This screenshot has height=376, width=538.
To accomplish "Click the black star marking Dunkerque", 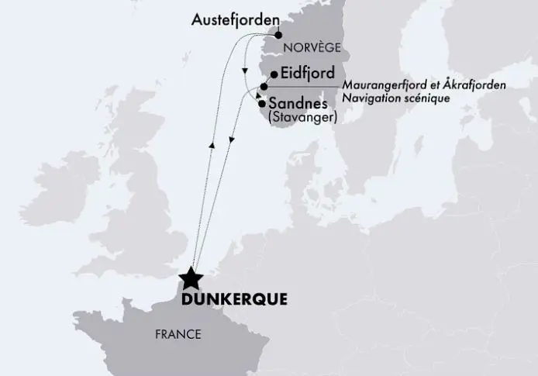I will point(190,278).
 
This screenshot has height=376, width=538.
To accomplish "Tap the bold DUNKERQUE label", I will point(233,298).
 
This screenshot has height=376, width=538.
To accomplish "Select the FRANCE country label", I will point(178,335).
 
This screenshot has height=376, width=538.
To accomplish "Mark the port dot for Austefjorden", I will point(278,35).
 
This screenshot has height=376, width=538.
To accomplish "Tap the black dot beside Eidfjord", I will point(273,75).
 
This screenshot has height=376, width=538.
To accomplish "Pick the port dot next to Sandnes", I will point(262,103).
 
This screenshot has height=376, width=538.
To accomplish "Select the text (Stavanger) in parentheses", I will point(302,118).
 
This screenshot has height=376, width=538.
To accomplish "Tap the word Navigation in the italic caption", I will point(371,98).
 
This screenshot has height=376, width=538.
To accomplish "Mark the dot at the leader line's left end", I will point(264,87).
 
